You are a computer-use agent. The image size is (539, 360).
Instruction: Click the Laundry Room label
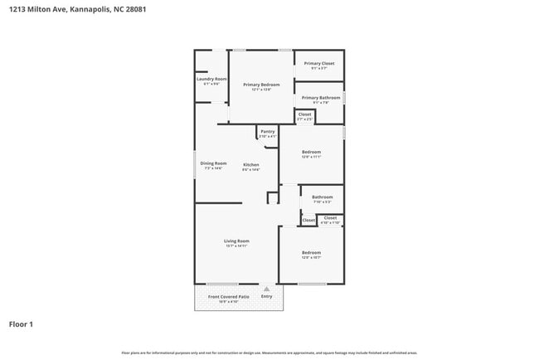[x=211, y=79]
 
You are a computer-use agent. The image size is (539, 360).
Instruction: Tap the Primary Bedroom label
[x=261, y=85]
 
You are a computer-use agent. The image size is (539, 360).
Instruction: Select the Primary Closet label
[x=319, y=64]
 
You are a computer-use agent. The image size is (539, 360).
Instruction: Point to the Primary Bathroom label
[x=320, y=98]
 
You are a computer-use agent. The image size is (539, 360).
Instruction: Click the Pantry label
[x=267, y=131]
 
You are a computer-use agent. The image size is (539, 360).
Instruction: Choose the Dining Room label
[x=213, y=163]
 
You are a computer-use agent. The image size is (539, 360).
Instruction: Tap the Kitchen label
[x=250, y=165]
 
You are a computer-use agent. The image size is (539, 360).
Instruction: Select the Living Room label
[x=236, y=241]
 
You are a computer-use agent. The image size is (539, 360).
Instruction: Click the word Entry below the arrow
[x=266, y=296]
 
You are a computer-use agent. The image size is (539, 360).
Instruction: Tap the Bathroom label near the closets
[x=322, y=197]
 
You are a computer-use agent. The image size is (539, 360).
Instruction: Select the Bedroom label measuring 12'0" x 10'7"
[x=311, y=253]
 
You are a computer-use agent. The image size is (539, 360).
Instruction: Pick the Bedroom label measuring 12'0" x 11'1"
[x=311, y=153]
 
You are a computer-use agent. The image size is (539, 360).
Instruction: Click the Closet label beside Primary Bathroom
[x=304, y=114]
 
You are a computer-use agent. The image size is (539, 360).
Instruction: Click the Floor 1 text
[x=21, y=324]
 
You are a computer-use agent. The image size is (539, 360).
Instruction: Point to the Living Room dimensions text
[x=236, y=246]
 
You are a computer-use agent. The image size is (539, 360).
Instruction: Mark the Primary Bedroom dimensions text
[x=261, y=90]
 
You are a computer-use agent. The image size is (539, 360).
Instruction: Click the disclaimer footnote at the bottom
[x=269, y=353]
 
